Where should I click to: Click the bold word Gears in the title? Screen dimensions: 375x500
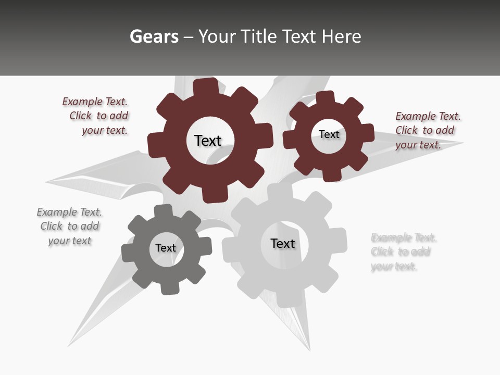tap(154, 36)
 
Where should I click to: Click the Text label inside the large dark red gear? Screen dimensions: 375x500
tap(208, 141)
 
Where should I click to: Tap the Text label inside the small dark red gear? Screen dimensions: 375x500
tap(329, 134)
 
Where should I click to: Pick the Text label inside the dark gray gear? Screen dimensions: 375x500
tap(166, 248)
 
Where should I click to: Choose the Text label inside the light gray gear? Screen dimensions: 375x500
tap(283, 243)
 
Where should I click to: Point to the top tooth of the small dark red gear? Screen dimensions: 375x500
tap(325, 98)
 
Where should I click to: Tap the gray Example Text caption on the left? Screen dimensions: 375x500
tap(69, 227)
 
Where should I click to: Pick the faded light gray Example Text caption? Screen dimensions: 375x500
tap(403, 252)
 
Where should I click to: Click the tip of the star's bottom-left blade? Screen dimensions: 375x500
tap(68, 345)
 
